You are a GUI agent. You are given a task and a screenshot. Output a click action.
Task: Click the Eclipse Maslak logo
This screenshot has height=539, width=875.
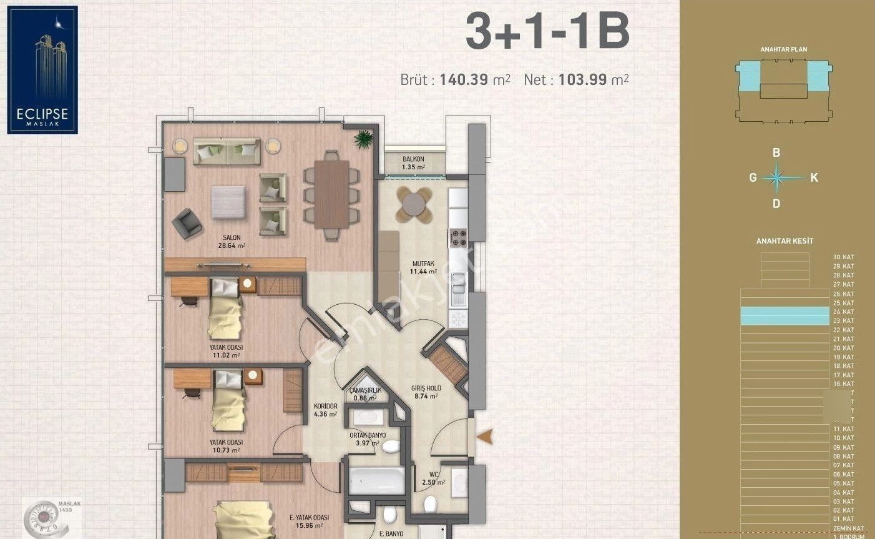pos(42,69)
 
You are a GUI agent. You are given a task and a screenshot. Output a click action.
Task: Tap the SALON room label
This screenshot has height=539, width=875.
pos(232,237)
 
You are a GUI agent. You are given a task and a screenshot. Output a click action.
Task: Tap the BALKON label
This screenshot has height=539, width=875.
pos(413,159)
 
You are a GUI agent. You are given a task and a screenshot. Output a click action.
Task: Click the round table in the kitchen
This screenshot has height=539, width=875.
pos(414,204)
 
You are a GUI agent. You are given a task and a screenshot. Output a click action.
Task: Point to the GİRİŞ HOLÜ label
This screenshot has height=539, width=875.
pos(426,388)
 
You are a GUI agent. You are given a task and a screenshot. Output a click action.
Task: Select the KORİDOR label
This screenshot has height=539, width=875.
pos(325,406)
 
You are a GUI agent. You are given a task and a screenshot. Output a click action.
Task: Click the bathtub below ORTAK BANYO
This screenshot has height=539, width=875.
pos(376,480)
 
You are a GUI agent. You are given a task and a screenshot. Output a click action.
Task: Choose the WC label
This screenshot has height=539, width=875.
pos(434,474)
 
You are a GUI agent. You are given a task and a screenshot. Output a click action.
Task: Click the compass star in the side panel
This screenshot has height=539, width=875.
pos(776,177)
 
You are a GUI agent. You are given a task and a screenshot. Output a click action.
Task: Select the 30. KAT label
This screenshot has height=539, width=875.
pos(843,257)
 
